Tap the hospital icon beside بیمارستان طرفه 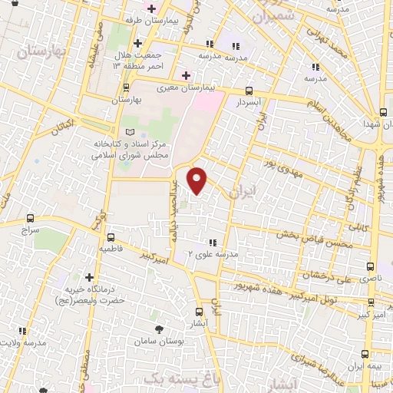pyautogui.click(x=149, y=10)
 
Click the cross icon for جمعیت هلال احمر pyautogui.click(x=137, y=44)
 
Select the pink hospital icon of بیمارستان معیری pyautogui.click(x=185, y=75)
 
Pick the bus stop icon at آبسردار pyautogui.click(x=248, y=88)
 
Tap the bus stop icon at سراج pyautogui.click(x=30, y=218)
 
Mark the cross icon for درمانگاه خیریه pyautogui.click(x=90, y=277)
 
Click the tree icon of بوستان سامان pyautogui.click(x=160, y=329)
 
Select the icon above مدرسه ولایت pyautogui.click(x=23, y=331)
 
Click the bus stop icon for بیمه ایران pyautogui.click(x=365, y=354)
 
